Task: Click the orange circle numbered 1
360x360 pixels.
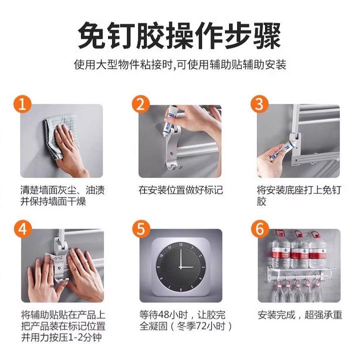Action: pos(22,104)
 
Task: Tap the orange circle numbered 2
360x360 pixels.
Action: pos(140,104)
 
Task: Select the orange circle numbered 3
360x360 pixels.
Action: pos(259,104)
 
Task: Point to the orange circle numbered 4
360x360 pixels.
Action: pos(22,229)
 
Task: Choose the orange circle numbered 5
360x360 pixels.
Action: pos(141,229)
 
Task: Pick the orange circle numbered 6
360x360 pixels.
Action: pos(259,229)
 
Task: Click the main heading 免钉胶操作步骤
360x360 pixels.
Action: pos(179,35)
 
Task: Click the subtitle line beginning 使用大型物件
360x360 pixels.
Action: pos(180,64)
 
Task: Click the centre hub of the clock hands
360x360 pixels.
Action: pos(180,267)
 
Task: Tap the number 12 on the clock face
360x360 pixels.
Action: pos(180,244)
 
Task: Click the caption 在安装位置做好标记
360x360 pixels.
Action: pos(180,190)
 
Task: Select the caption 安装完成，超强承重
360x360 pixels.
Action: pos(300,315)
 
